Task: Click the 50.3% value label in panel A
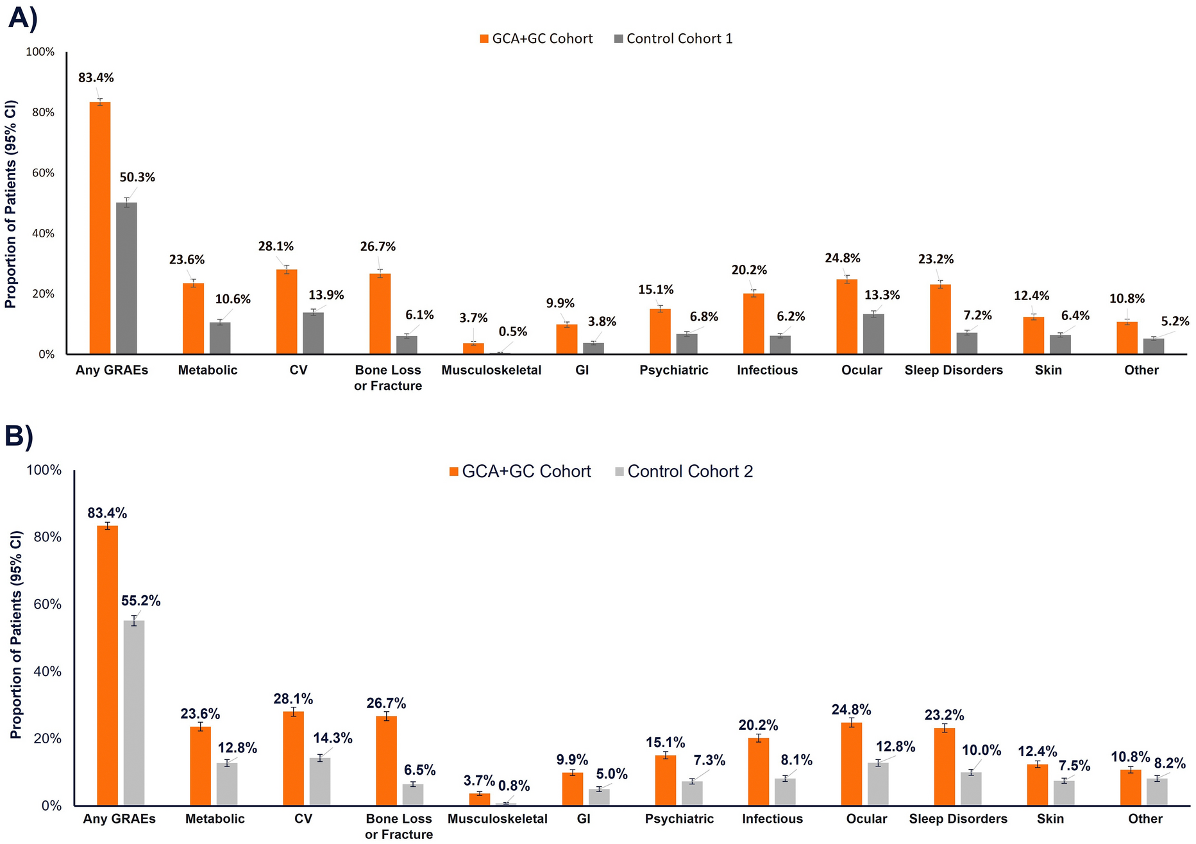coord(137,178)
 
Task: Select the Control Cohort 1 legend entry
coord(673,38)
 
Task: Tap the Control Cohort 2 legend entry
coord(684,471)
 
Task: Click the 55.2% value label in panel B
coord(141,601)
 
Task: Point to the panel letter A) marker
coord(22,17)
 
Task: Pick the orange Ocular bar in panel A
coord(846,317)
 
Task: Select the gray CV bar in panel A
coord(314,333)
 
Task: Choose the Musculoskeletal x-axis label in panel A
coord(491,370)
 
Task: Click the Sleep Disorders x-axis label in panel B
coord(958,819)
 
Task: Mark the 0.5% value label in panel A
coord(513,332)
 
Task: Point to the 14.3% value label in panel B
coord(333,738)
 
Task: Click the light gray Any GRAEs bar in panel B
coord(134,713)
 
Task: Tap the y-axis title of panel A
coord(11,204)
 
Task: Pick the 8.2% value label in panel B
coord(1170,764)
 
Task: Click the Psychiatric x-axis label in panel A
coord(673,370)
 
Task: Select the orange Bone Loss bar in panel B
coord(387,761)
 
